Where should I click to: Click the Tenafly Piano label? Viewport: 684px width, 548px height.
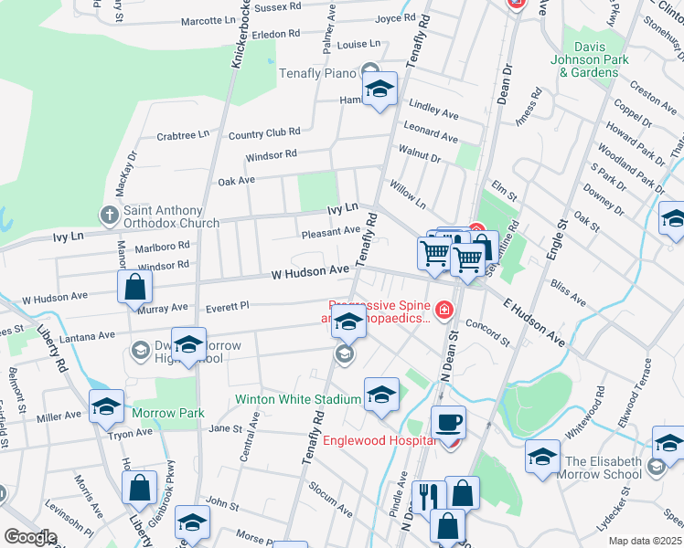click(316, 72)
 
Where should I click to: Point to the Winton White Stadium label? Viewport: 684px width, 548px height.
click(297, 399)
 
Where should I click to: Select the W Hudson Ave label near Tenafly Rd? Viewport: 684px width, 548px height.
click(310, 271)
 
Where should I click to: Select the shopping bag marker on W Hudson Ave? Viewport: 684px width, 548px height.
click(135, 287)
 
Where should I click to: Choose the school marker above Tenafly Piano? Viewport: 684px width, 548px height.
click(380, 90)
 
